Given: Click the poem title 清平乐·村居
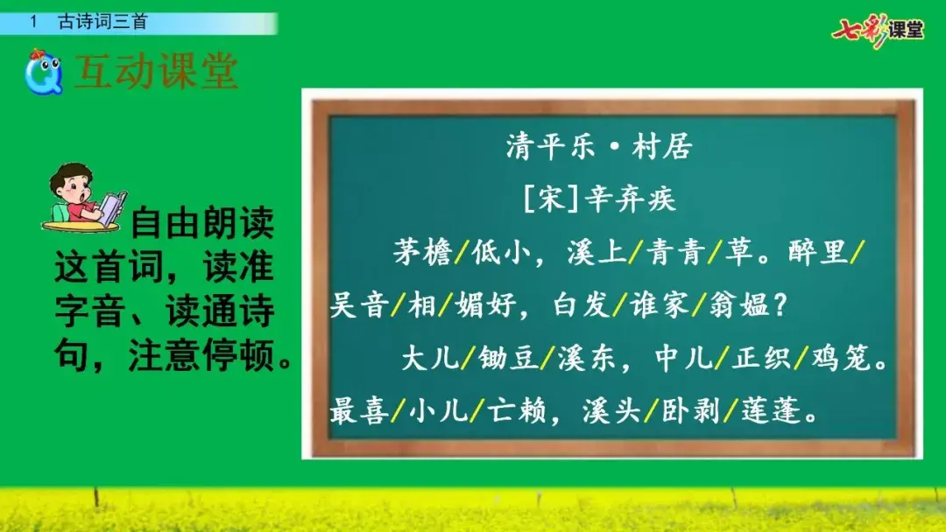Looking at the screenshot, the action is tap(598, 146).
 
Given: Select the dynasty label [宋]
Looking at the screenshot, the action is tap(551, 199).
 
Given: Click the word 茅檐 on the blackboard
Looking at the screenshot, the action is tap(422, 252).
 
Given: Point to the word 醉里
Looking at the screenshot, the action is tap(818, 252).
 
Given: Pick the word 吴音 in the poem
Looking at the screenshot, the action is tap(359, 304).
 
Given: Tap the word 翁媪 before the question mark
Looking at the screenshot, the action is tap(739, 304).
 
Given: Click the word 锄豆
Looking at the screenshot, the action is tap(508, 358).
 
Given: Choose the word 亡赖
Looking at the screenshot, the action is tap(517, 411).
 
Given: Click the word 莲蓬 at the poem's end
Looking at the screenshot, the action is tap(771, 411).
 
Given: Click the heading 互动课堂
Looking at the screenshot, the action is tap(156, 72).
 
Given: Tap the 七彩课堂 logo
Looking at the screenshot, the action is tap(878, 30).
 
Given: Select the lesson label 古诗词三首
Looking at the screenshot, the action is tap(102, 22).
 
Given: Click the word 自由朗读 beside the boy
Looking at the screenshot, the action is tap(202, 222).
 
